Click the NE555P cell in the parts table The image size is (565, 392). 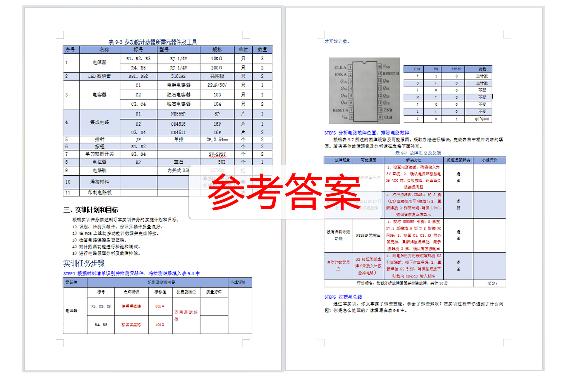click(x=178, y=114)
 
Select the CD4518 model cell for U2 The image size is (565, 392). click(x=178, y=124)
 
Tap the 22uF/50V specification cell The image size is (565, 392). click(x=217, y=85)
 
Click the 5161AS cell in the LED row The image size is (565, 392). click(x=178, y=76)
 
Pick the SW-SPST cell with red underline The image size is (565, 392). click(x=217, y=154)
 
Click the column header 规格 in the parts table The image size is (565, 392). click(x=217, y=50)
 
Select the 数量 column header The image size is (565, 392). click(x=262, y=50)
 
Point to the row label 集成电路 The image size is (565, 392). click(x=99, y=122)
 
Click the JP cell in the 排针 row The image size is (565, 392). click(x=138, y=139)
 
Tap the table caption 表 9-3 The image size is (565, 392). click(x=153, y=42)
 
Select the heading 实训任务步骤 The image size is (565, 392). click(x=84, y=263)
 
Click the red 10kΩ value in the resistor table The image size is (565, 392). click(x=160, y=306)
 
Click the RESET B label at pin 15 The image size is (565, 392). click(x=391, y=73)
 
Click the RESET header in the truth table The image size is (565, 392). click(x=456, y=69)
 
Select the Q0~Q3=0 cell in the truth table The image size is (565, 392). click(x=482, y=119)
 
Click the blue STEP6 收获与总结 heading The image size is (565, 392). click(x=343, y=297)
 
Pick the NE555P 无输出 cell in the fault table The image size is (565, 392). click(x=368, y=236)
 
